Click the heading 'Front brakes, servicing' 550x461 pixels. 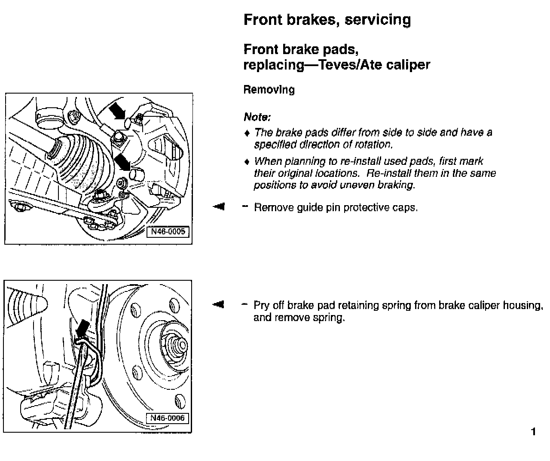click(x=327, y=20)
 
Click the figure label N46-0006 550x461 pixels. click(x=168, y=418)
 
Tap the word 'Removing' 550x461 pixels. click(x=269, y=90)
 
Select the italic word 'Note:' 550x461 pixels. click(x=257, y=117)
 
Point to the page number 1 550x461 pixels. click(x=534, y=431)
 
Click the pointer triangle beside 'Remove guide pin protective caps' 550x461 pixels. click(x=219, y=207)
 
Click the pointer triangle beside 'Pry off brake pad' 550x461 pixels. click(x=219, y=305)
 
